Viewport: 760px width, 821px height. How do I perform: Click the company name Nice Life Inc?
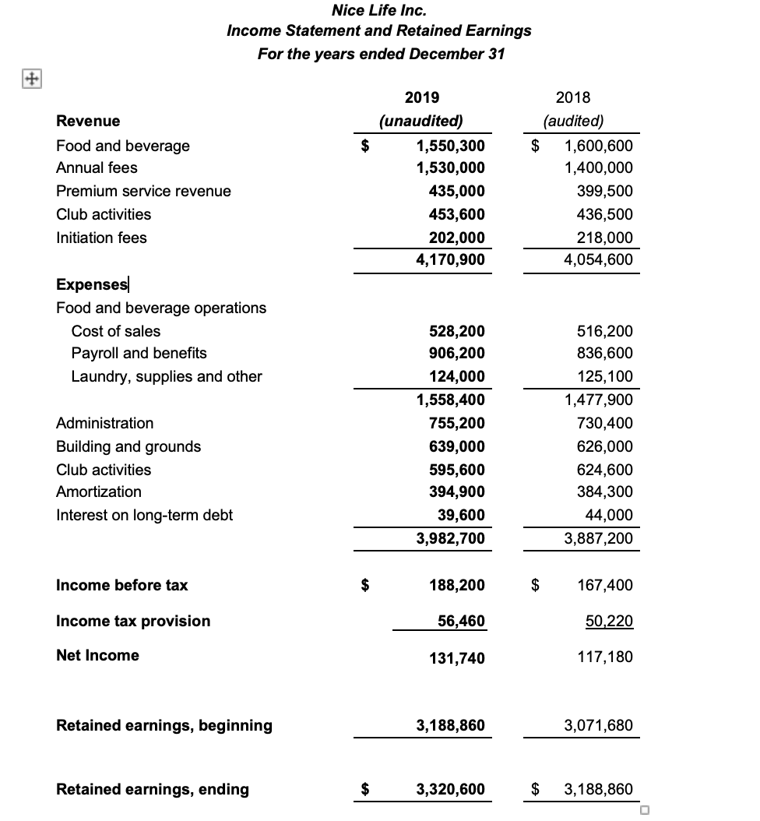point(378,10)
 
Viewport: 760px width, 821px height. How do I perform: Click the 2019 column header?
point(422,97)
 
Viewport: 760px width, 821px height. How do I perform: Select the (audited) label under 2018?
point(573,121)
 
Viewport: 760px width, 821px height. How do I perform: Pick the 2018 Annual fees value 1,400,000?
point(598,167)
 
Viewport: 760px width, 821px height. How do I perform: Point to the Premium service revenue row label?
point(143,191)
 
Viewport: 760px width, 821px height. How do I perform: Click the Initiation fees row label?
point(101,238)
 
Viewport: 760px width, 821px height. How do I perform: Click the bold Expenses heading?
point(92,284)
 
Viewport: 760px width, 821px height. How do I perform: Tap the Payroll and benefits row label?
point(139,353)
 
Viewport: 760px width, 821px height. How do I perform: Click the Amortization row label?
point(99,492)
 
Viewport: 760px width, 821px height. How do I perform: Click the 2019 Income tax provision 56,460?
point(459,621)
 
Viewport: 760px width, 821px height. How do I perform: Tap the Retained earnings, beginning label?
point(164,725)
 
